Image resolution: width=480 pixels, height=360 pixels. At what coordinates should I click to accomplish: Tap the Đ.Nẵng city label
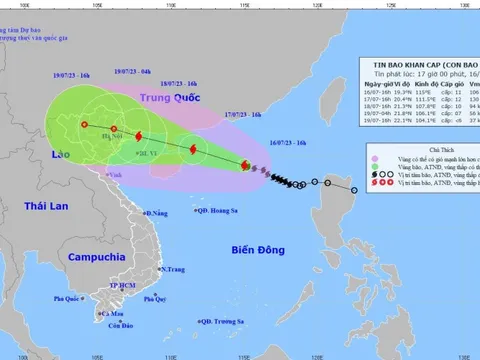(158, 213)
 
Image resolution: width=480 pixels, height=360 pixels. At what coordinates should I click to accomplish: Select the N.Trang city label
(173, 270)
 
